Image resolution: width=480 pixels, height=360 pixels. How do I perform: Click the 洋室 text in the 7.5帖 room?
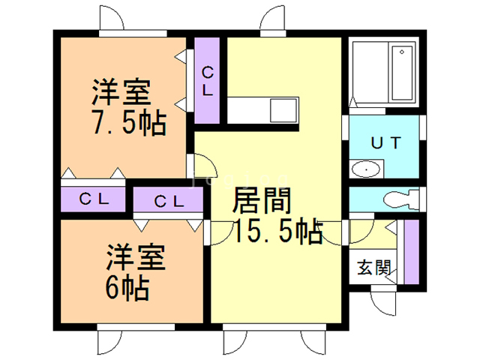click(x=121, y=93)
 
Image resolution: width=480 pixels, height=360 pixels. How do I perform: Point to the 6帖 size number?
click(x=127, y=287)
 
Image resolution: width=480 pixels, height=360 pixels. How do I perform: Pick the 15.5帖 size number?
click(x=277, y=230)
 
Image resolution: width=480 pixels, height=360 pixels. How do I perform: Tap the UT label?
click(x=386, y=141)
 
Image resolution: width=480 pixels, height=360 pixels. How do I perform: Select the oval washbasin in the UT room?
click(x=367, y=169)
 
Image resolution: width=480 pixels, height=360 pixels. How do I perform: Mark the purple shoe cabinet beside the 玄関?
click(x=410, y=251)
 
